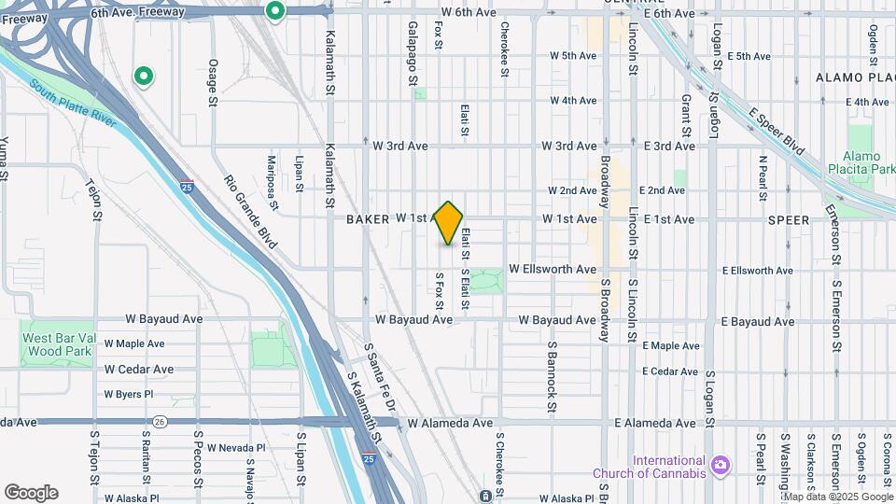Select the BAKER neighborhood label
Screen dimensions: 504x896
[x=367, y=219]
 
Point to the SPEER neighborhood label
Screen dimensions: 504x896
[x=789, y=219]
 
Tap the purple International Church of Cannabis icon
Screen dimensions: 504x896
[x=720, y=465]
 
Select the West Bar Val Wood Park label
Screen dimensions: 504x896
[x=58, y=344]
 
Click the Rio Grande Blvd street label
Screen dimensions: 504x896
[x=251, y=212]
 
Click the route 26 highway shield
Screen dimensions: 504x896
[x=160, y=422]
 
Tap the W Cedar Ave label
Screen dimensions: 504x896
[x=139, y=370]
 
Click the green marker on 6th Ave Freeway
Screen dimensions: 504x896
[x=274, y=12]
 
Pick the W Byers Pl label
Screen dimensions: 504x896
[x=128, y=394]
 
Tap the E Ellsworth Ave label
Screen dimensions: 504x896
[x=758, y=271]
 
